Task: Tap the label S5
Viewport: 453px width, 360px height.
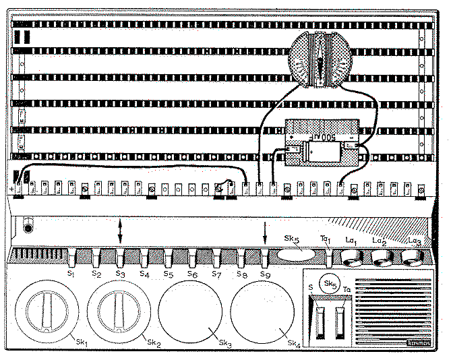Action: pyautogui.click(x=169, y=275)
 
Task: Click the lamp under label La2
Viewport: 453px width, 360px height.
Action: pyautogui.click(x=382, y=258)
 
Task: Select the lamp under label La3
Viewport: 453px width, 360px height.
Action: pyautogui.click(x=413, y=258)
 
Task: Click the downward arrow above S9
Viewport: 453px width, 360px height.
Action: pyautogui.click(x=265, y=232)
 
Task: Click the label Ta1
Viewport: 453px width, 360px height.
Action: pyautogui.click(x=327, y=240)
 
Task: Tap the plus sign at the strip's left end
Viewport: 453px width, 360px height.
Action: pyautogui.click(x=13, y=189)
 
